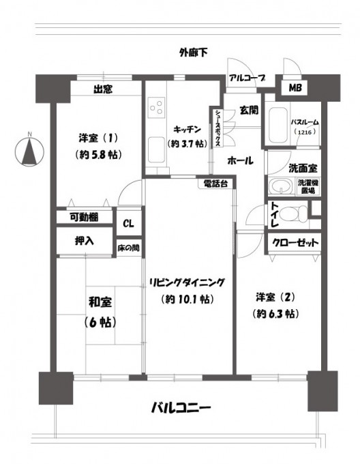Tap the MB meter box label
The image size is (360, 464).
point(295,87)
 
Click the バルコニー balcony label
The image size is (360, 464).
point(181,408)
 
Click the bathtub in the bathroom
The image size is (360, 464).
point(277,125)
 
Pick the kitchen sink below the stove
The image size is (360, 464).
point(156,149)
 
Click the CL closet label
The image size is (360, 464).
point(129,224)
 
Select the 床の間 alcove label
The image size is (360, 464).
point(129,248)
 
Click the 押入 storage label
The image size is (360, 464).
point(85,241)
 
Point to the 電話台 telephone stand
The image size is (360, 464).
point(216,184)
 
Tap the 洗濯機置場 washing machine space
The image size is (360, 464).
point(308,187)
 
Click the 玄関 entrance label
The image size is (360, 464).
point(249,111)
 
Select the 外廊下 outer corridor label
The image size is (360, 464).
point(194,53)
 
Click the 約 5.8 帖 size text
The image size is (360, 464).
point(99,154)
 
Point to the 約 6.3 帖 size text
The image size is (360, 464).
point(275,314)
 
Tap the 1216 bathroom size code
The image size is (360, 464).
point(305,132)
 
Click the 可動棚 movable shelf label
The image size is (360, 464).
point(84,218)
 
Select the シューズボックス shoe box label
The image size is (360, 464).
point(217,128)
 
